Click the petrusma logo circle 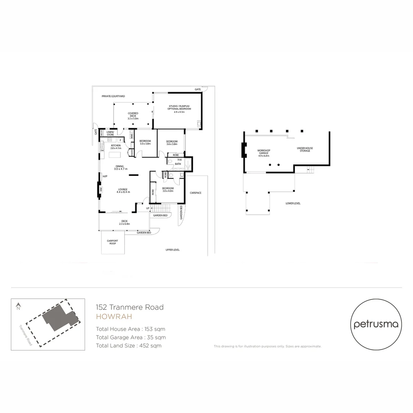[376, 324]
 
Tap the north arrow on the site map [18, 306]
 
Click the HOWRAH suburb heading [114, 317]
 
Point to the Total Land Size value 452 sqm [151, 346]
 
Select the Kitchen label [116, 146]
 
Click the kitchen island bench [115, 155]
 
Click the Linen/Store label [110, 133]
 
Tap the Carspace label [195, 193]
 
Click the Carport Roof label [112, 242]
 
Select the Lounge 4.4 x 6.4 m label [123, 190]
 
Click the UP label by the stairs [148, 208]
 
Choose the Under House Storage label [305, 149]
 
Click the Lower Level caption [293, 203]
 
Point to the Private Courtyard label [113, 96]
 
